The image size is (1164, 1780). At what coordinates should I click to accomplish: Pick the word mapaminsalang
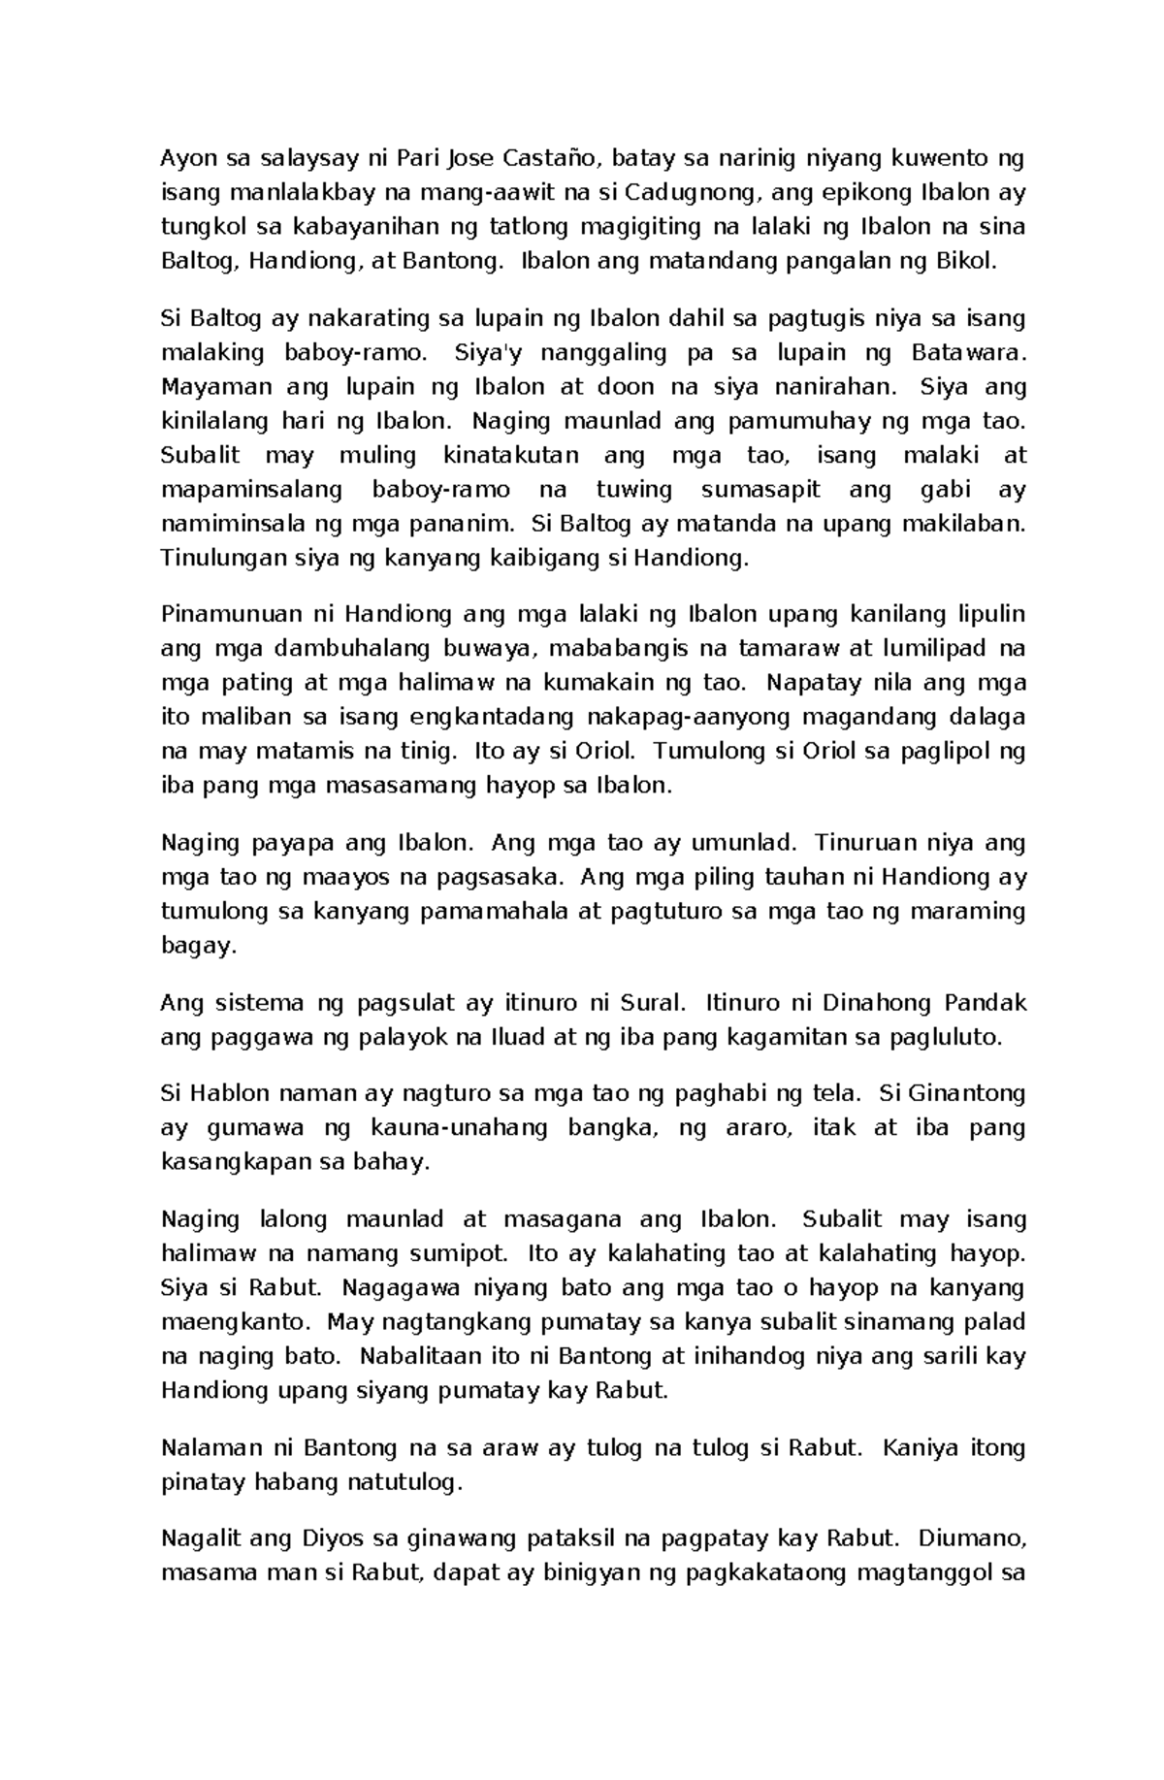pyautogui.click(x=252, y=490)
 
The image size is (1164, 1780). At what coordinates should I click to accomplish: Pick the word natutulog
pyautogui.click(x=398, y=1482)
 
